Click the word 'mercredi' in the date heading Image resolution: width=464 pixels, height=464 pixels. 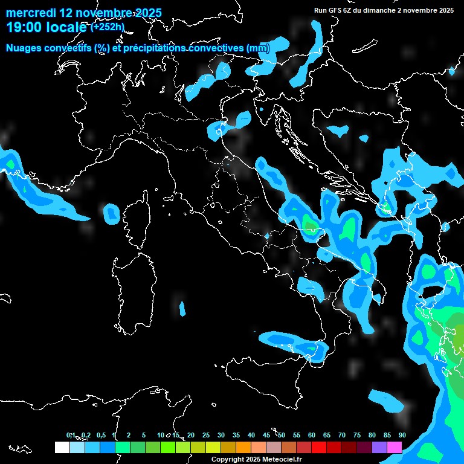(x=30, y=13)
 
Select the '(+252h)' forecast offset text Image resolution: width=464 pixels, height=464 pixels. (x=108, y=27)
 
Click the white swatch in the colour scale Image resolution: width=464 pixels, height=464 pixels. (x=62, y=448)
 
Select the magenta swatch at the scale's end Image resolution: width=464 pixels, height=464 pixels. (x=394, y=448)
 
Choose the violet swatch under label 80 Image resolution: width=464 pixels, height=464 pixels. (x=379, y=448)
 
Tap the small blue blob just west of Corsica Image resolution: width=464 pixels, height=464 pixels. (x=112, y=213)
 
